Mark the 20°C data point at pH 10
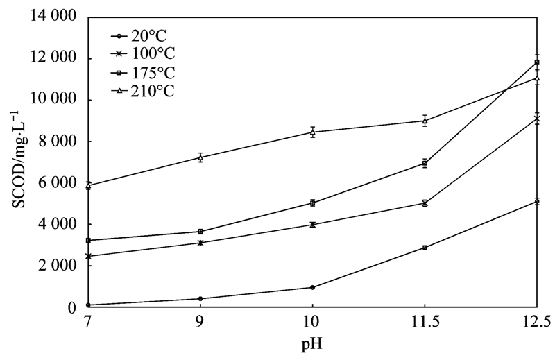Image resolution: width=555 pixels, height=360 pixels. (x=312, y=287)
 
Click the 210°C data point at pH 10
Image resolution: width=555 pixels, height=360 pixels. (x=312, y=132)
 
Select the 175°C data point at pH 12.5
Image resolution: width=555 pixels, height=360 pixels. (x=537, y=62)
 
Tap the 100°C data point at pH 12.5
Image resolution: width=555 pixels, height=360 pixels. (x=537, y=119)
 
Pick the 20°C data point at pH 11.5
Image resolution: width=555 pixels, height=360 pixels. (x=425, y=248)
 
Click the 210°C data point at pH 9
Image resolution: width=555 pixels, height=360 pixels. (x=200, y=157)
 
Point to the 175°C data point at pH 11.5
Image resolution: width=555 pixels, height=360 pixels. (x=425, y=164)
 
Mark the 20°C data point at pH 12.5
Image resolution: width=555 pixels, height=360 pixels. (x=537, y=201)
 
